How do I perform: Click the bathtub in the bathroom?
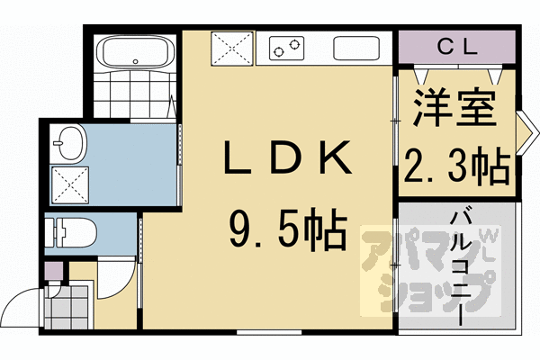(134, 50)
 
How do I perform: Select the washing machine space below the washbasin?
(70, 183)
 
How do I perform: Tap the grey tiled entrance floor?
(67, 306)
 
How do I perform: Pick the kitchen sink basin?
(358, 47)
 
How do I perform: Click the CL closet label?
(457, 46)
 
